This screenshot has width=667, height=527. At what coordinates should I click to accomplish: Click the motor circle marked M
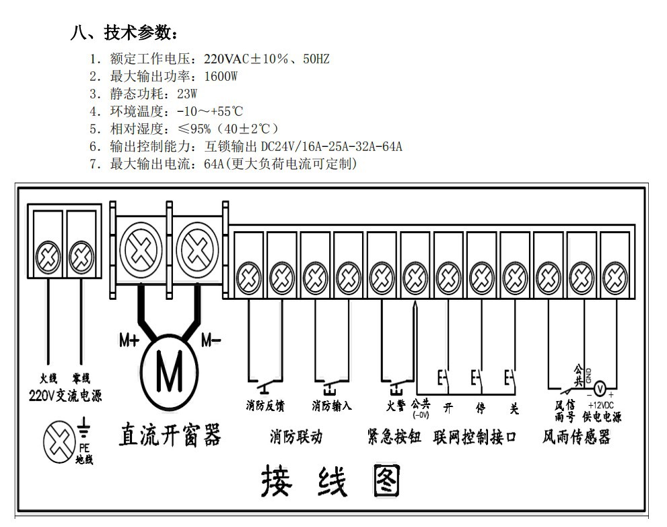[x=170, y=373]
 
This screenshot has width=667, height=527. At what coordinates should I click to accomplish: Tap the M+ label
[x=129, y=340]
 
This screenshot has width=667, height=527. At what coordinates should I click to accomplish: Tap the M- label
[x=211, y=340]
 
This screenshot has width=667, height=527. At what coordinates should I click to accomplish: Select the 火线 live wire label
[x=48, y=378]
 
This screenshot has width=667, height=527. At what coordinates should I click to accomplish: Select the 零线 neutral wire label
[x=81, y=378]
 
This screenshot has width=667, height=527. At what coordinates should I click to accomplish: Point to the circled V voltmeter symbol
[x=600, y=388]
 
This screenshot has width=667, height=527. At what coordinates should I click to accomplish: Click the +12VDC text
[x=600, y=405]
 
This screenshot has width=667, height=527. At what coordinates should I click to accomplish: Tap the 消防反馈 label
[x=265, y=406]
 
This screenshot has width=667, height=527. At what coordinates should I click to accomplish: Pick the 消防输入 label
[x=331, y=406]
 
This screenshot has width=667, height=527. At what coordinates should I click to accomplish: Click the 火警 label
[x=396, y=406]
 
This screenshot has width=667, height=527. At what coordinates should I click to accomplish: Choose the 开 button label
[x=448, y=408]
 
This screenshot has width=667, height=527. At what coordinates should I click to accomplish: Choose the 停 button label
[x=481, y=408]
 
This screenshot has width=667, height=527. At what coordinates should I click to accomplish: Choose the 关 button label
[x=514, y=408]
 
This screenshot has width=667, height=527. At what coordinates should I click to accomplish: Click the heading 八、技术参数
[x=124, y=33]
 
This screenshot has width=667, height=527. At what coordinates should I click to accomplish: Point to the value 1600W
[x=221, y=76]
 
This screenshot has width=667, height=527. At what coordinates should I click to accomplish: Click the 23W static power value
[x=187, y=94]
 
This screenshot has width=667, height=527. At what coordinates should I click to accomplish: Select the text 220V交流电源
[x=65, y=396]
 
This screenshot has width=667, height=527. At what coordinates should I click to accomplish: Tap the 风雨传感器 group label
[x=576, y=437]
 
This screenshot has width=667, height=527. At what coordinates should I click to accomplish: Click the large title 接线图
[x=330, y=480]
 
